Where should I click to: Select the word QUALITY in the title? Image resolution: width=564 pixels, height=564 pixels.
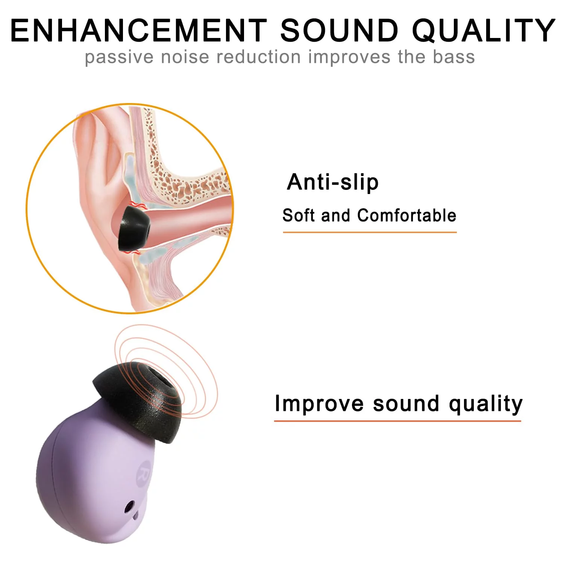(484, 31)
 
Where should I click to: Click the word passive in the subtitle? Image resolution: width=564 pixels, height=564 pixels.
(119, 58)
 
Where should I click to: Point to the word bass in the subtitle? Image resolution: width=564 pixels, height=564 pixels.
(453, 57)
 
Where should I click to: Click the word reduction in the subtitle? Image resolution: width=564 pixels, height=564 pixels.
(259, 57)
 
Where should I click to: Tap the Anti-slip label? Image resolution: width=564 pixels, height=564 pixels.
(332, 183)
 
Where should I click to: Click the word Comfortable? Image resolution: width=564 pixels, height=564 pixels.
(406, 215)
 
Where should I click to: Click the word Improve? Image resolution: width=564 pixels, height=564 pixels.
(319, 404)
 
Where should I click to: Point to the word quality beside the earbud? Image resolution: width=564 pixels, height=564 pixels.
(485, 405)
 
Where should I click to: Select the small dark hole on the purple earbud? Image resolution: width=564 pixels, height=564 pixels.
(130, 507)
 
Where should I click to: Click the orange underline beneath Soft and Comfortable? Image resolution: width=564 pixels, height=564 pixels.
(370, 232)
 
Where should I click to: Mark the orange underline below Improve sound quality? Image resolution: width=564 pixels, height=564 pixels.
(397, 421)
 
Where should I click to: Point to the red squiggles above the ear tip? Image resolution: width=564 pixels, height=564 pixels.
(136, 205)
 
